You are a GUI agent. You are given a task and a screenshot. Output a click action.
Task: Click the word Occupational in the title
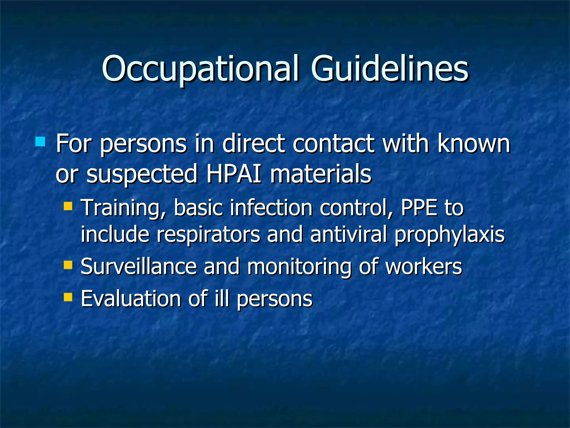[x=200, y=69]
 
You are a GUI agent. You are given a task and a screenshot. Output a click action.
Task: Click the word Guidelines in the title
[x=390, y=69]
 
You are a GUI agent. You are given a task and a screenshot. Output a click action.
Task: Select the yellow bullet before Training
[x=68, y=206]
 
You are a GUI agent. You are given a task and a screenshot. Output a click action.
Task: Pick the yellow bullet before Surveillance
[x=68, y=265]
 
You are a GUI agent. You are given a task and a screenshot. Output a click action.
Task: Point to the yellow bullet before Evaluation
[x=68, y=297]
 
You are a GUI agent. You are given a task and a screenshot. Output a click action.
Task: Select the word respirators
[x=208, y=235]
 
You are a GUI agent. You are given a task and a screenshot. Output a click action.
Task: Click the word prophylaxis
[x=449, y=235]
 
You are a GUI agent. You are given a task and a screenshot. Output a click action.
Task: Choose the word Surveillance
[x=139, y=266]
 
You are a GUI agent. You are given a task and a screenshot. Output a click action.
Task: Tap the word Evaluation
[x=131, y=299]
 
